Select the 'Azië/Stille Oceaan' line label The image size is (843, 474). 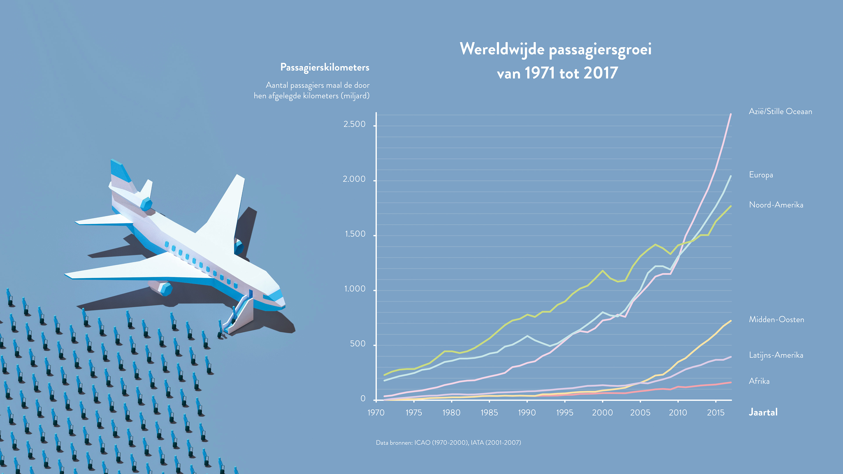coord(780,111)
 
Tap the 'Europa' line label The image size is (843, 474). coord(761,175)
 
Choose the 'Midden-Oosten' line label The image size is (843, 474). coord(776,320)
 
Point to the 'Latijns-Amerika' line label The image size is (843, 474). coord(776,355)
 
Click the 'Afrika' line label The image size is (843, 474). coord(759,381)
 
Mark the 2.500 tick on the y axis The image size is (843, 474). coord(354,124)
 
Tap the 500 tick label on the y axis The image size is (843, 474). coord(358,344)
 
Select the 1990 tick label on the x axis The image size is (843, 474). coord(527,413)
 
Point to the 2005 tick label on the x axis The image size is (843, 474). coord(640,413)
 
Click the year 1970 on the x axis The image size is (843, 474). coord(376,413)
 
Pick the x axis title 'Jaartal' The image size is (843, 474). coord(763,412)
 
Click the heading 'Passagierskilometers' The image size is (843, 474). coord(325,67)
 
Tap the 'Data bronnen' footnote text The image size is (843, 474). coord(448,443)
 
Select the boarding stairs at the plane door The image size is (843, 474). coord(241,314)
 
